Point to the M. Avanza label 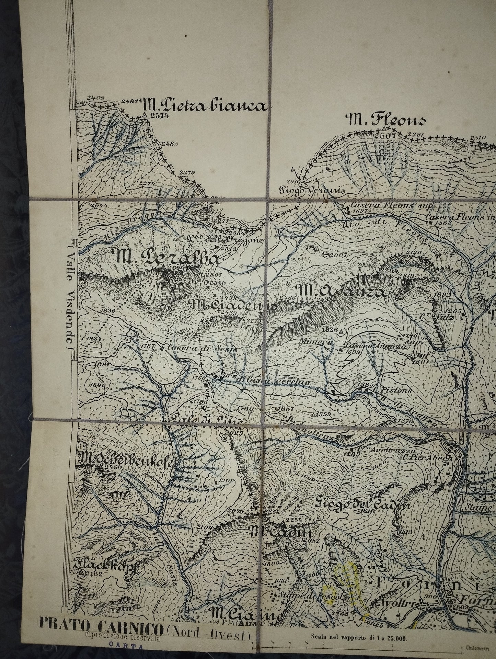coord(343,292)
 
